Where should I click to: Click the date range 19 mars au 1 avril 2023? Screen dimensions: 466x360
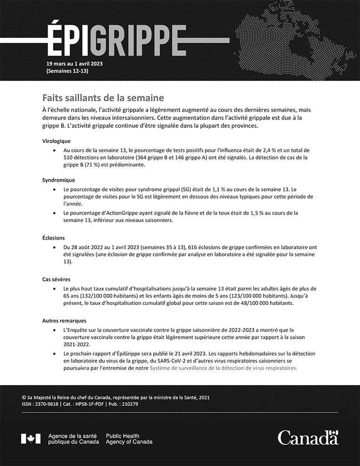click(x=74, y=64)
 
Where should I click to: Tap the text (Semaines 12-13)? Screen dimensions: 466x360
click(x=67, y=71)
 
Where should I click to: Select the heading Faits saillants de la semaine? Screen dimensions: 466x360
click(x=103, y=98)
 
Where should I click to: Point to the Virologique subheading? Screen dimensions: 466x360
click(x=56, y=140)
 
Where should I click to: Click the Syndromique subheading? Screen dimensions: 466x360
click(x=58, y=180)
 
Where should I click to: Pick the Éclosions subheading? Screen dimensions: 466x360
click(x=54, y=238)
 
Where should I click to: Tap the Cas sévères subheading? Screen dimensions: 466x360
click(x=56, y=279)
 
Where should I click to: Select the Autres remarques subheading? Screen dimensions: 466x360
click(x=61, y=321)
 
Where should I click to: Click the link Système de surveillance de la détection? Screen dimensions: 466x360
click(x=223, y=369)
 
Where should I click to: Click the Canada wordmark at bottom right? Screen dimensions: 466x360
click(x=308, y=438)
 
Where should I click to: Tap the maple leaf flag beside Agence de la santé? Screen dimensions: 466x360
click(x=31, y=439)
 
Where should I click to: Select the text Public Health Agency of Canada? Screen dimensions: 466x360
click(x=129, y=439)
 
